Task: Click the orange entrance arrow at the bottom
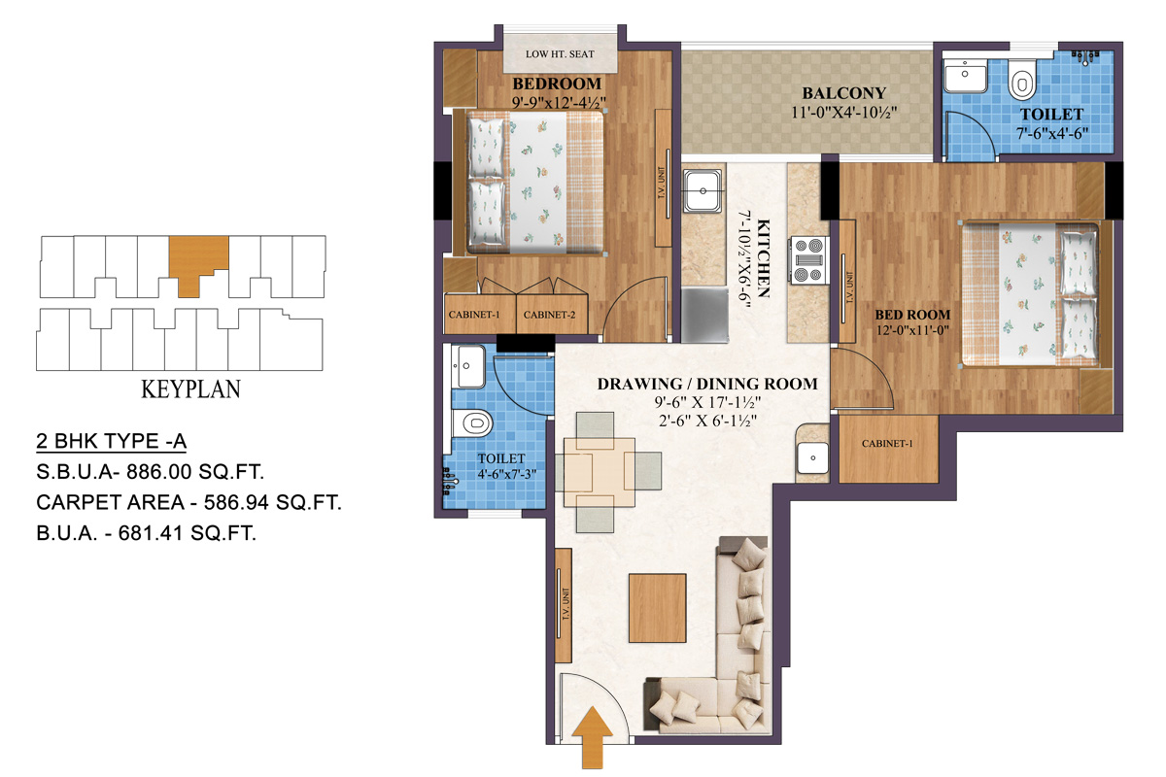(596, 736)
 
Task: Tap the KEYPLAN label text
(190, 390)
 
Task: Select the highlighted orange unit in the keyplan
(197, 259)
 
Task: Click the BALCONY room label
(843, 93)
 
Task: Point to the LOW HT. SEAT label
(559, 54)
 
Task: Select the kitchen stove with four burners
(808, 259)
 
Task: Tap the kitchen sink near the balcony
(701, 191)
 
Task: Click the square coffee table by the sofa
(660, 605)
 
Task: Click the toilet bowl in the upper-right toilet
(1021, 84)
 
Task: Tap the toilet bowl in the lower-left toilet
(475, 422)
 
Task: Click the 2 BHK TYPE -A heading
(111, 442)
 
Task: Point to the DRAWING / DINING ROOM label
(706, 384)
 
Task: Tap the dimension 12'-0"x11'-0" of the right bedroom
(911, 332)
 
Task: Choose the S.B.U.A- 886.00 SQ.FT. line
(151, 472)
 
